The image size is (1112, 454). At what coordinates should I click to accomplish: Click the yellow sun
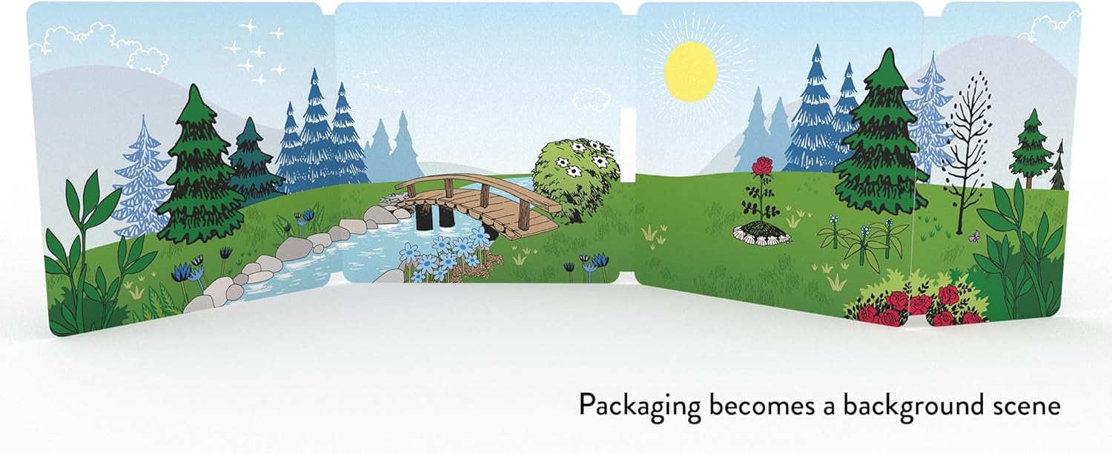click(690, 71)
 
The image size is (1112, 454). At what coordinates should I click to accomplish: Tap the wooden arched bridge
click(479, 204)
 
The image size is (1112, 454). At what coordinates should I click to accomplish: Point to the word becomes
click(762, 406)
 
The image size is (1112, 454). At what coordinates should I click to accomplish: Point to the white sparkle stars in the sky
click(256, 52)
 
